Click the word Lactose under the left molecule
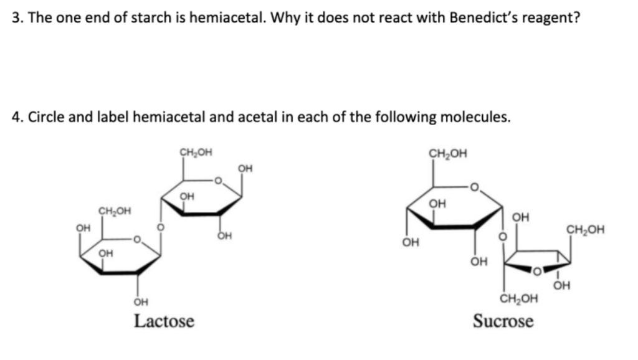[164, 321]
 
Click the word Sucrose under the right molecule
[503, 321]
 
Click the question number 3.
[16, 17]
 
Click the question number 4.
[16, 117]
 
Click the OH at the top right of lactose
[245, 168]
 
